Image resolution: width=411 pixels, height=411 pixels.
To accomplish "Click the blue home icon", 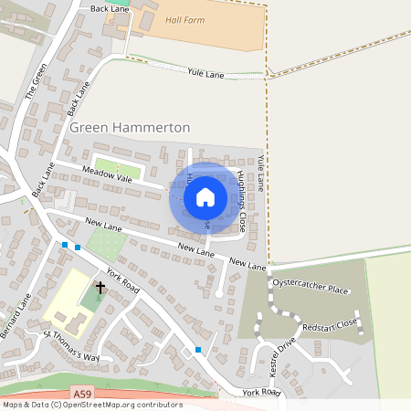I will coord(205,196).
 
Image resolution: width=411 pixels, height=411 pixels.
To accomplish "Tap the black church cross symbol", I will coord(100,289).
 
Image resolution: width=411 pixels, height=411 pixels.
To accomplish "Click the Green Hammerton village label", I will coord(130,129).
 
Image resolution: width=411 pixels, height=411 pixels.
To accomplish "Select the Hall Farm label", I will coord(185,19).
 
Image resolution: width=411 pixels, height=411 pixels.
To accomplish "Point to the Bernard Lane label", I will coord(16,315).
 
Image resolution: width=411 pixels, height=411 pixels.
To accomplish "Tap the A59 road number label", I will coord(83,393).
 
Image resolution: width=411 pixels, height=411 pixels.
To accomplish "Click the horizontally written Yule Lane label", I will coord(205,71).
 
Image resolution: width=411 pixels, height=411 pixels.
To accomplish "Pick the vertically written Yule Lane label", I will coord(260,172).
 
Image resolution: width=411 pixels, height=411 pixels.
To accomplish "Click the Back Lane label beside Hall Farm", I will coord(111,7).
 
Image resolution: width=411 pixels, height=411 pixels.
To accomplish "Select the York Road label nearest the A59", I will coord(262,392).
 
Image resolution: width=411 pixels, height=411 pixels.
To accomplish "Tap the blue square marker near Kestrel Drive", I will coord(198,350).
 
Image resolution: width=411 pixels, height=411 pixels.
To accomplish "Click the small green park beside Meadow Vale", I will coord(118,170).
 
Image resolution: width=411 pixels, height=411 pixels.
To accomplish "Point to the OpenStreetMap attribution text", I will coord(92,404).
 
